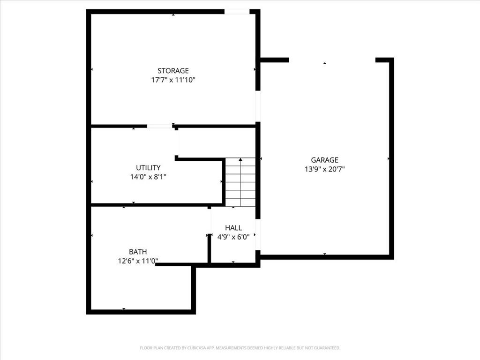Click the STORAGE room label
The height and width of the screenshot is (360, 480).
(173, 71)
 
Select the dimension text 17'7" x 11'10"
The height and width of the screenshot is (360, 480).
(173, 80)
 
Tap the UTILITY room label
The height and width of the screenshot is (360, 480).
(148, 168)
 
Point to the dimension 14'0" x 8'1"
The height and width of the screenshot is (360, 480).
(148, 177)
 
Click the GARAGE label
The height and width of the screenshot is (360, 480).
(324, 160)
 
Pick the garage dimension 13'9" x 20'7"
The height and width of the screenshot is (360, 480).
(324, 169)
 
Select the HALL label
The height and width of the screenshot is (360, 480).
(233, 228)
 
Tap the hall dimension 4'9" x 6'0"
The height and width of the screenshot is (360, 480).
(233, 237)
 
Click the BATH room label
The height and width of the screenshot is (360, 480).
(138, 252)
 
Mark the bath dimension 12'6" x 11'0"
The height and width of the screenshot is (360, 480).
(138, 261)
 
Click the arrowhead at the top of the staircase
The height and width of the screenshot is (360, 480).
(240, 159)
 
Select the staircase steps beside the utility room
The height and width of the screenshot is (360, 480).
(240, 182)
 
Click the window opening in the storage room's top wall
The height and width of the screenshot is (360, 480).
(237, 12)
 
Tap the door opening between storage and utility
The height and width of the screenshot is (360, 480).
(159, 126)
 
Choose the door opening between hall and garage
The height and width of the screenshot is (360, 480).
(258, 234)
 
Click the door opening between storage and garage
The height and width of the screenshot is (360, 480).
(258, 106)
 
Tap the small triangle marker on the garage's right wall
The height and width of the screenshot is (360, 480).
(389, 158)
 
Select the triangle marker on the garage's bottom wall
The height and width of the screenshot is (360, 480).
(324, 254)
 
